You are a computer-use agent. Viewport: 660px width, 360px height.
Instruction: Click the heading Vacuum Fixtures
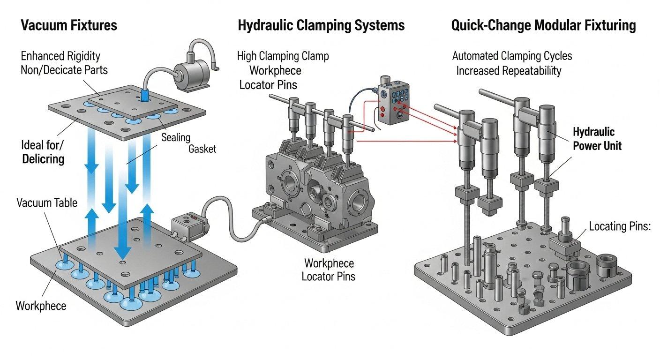pyautogui.click(x=69, y=25)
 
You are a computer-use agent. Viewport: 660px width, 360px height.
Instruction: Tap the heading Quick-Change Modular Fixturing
pyautogui.click(x=543, y=25)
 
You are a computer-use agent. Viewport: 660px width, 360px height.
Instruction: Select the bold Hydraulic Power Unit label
pyautogui.click(x=597, y=139)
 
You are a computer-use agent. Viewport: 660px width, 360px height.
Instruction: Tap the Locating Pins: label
pyautogui.click(x=620, y=227)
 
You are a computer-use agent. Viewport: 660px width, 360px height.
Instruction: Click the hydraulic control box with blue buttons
pyautogui.click(x=393, y=103)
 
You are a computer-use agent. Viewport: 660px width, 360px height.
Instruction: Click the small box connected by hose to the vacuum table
pyautogui.click(x=187, y=228)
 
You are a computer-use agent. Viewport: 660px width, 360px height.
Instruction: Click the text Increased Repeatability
pyautogui.click(x=509, y=71)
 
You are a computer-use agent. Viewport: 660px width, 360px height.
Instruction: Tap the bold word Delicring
pyautogui.click(x=43, y=158)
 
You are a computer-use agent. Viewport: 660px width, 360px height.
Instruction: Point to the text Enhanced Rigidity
pyautogui.click(x=60, y=56)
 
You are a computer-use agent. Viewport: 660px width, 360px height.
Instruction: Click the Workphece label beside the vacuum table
pyautogui.click(x=41, y=306)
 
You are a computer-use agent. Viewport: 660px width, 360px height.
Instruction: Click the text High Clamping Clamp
pyautogui.click(x=283, y=56)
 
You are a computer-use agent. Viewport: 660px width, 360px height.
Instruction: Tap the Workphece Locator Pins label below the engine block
pyautogui.click(x=329, y=269)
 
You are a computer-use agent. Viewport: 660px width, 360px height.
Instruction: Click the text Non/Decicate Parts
pyautogui.click(x=64, y=70)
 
